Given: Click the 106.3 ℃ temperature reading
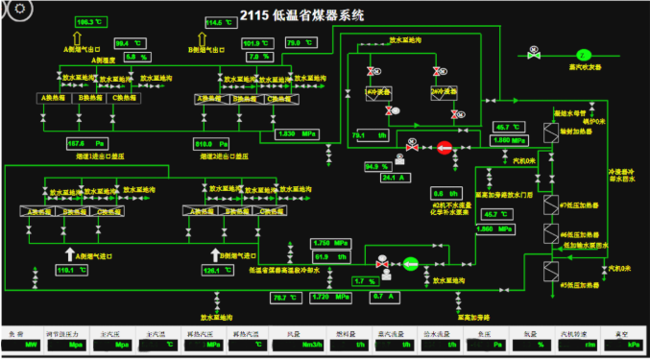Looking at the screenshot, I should [x=86, y=21].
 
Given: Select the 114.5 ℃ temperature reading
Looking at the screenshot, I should [x=221, y=21].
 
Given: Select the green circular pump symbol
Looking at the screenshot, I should [x=410, y=261].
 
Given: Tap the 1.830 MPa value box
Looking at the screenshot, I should [x=296, y=134].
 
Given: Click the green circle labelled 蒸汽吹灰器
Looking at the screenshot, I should [x=582, y=55].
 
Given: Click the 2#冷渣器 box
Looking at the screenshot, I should [x=443, y=92].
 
